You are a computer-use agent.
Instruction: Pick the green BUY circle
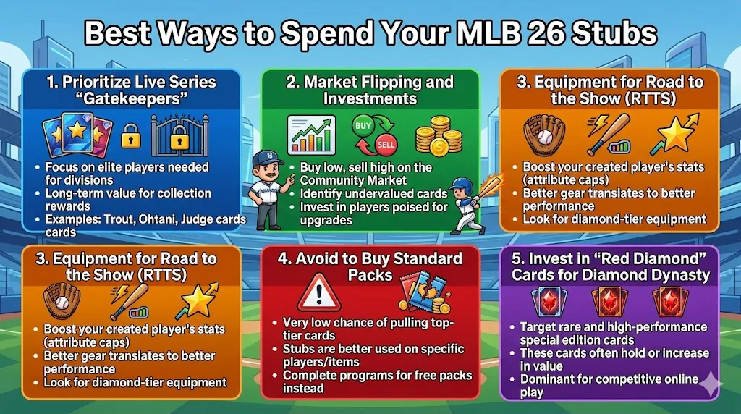(x=364, y=125)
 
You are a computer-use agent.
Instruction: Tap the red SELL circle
(x=386, y=144)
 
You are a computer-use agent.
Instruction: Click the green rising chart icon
(x=310, y=135)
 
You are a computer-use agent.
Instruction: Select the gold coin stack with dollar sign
(x=439, y=136)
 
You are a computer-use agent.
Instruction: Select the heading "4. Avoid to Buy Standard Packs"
(x=370, y=266)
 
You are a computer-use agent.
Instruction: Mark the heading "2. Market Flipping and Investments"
(x=370, y=90)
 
